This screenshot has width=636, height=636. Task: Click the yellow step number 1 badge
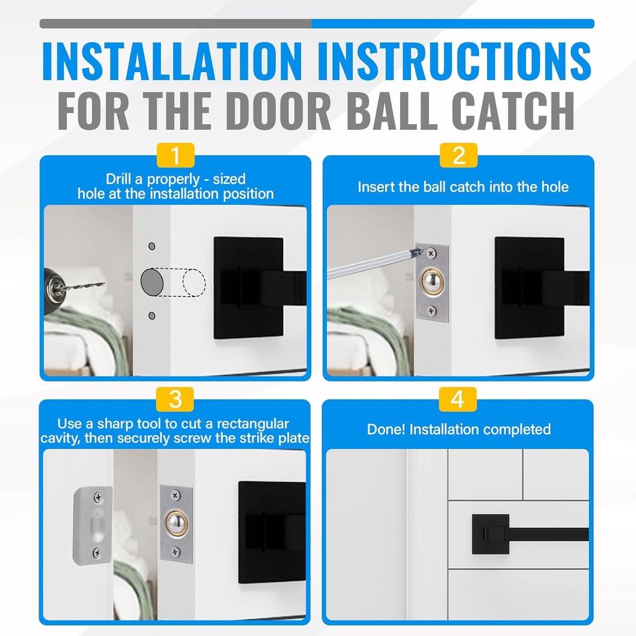click(x=176, y=155)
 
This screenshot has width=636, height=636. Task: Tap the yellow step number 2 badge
click(x=458, y=155)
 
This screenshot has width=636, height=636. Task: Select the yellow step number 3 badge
click(x=176, y=399)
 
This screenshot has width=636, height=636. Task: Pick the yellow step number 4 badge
click(x=458, y=399)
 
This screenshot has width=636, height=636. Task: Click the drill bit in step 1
click(x=84, y=286)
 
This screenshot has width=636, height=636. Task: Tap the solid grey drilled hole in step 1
click(x=153, y=281)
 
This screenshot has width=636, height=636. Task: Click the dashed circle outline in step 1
click(x=194, y=283)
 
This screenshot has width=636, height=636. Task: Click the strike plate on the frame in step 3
click(x=93, y=525)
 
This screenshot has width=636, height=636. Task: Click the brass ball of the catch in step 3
click(x=176, y=523)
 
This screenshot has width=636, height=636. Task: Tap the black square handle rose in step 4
click(x=490, y=534)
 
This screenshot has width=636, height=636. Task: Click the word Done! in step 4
click(x=386, y=429)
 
